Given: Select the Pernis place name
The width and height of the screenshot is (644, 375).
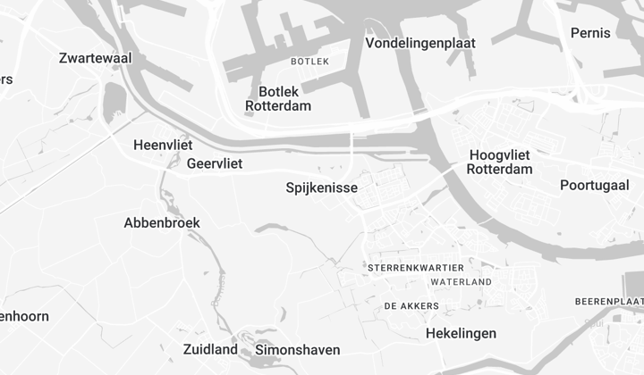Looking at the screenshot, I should tap(590, 33).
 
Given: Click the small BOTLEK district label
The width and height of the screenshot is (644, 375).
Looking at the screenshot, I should tap(310, 62).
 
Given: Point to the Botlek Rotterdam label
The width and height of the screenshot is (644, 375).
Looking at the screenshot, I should tap(278, 98).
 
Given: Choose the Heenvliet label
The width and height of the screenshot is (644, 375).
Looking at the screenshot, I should tap(163, 145).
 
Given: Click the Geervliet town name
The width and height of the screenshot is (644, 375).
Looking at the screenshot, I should tap(215, 163).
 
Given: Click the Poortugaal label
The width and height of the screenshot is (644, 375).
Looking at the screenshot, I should tap(595, 186).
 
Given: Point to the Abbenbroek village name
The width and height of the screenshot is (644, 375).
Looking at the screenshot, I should tap(162, 222).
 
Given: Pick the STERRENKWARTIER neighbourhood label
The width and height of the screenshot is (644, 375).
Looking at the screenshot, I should tap(416, 268).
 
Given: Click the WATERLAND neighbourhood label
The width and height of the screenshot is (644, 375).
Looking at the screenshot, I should tap(461, 282).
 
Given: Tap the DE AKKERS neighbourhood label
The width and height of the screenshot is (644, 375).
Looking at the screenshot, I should tap(411, 306).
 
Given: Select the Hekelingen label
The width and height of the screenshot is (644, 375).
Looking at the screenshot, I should tap(461, 333).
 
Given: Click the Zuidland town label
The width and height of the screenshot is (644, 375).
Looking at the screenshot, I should tap(210, 349).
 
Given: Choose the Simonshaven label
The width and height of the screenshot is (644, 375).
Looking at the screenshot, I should tap(298, 349).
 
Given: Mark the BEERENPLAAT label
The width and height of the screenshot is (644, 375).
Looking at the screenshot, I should tap(610, 302).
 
